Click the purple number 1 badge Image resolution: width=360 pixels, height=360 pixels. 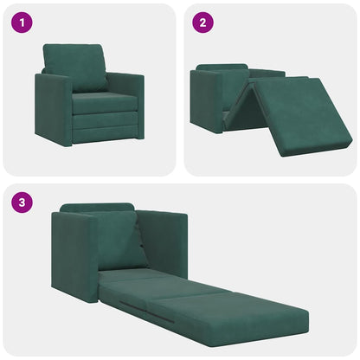click(22, 22)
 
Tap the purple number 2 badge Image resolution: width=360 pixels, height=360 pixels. click(202, 22)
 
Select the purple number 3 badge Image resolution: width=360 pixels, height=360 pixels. click(22, 203)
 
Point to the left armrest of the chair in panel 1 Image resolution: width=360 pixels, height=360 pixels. click(52, 108)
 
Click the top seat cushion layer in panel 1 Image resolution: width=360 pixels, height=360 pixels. click(104, 103)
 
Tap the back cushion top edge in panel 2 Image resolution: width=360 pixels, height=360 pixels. click(222, 67)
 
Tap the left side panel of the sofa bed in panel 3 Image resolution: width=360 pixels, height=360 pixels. click(74, 255)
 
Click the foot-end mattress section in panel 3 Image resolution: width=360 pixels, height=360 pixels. click(251, 316)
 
